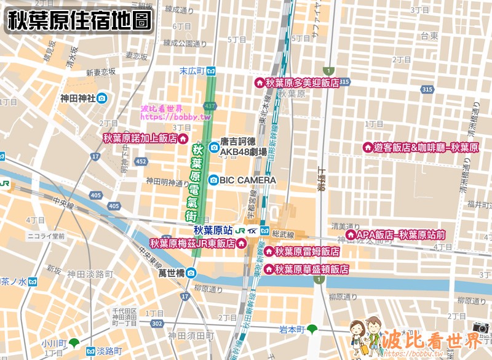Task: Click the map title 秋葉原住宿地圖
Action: click(x=79, y=20)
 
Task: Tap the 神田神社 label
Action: click(x=77, y=98)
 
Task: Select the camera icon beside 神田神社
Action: click(x=101, y=98)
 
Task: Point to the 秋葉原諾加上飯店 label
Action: click(x=140, y=138)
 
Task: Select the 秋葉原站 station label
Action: click(x=213, y=231)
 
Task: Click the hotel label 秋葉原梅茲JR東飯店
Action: click(x=192, y=243)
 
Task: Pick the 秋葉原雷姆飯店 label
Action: click(x=307, y=252)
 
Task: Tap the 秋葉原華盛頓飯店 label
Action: click(x=311, y=269)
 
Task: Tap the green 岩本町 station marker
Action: click(x=313, y=329)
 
